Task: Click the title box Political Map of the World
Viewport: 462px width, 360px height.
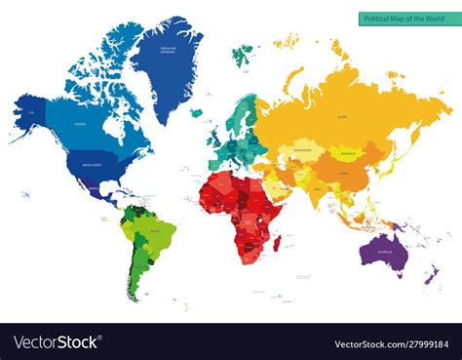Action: coord(401,18)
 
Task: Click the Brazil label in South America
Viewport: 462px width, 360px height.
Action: coord(156,233)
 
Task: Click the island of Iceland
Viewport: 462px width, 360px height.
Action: coord(197,112)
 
